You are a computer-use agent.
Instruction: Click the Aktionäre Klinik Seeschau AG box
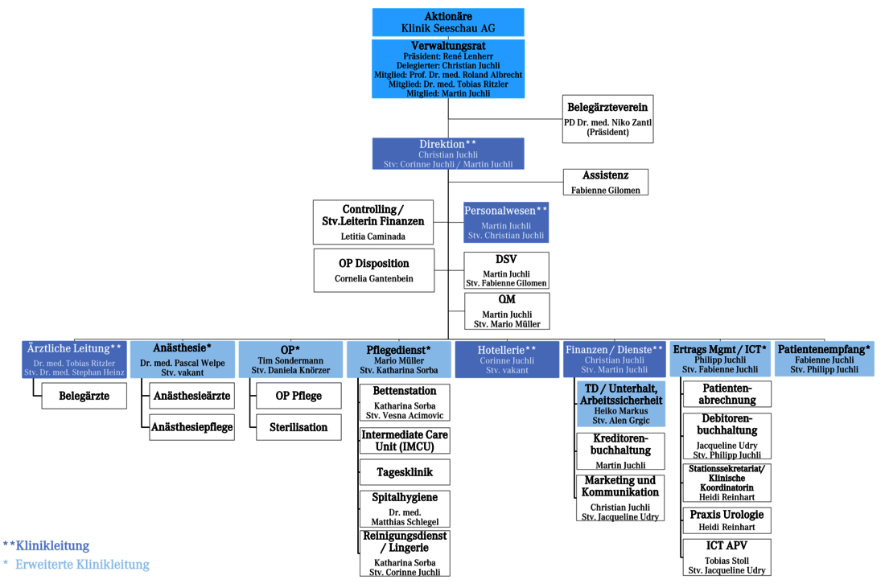tap(448, 22)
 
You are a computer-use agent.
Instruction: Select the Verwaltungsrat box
tap(448, 69)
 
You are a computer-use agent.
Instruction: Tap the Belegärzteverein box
tap(607, 118)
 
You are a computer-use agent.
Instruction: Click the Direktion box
tap(448, 154)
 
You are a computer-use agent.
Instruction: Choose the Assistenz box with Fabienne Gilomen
tap(606, 182)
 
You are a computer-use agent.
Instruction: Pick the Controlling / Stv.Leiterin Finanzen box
tap(373, 222)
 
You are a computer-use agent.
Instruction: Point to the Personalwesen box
tap(506, 222)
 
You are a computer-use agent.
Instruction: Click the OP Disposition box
tap(374, 270)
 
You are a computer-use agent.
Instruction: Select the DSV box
tap(507, 270)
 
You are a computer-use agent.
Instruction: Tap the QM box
tap(507, 310)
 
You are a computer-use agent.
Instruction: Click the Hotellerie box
tap(507, 360)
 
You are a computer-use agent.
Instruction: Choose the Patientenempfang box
tap(824, 360)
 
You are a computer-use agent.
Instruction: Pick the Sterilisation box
tap(298, 427)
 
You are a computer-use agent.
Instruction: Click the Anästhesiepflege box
tap(192, 427)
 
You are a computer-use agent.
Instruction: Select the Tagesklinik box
tap(405, 472)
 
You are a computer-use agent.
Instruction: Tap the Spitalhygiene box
tap(405, 509)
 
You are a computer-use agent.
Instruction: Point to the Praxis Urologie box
tap(727, 520)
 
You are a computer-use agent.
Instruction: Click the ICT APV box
tap(727, 557)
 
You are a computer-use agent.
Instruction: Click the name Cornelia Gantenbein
tap(374, 279)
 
